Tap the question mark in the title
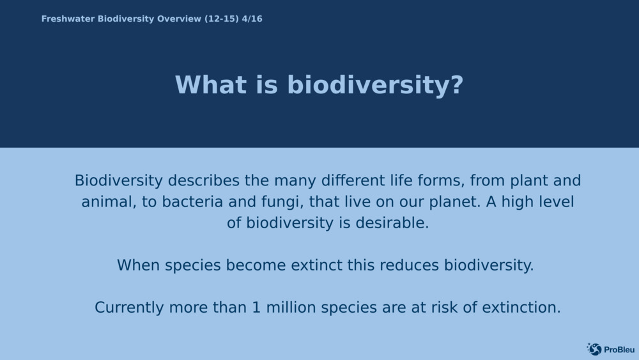[456, 85]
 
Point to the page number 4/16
[252, 19]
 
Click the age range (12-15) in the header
[222, 19]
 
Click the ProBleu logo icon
[594, 349]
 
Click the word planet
[454, 202]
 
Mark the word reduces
[410, 265]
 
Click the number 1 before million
[256, 308]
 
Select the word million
[291, 308]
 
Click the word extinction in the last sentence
[521, 308]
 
